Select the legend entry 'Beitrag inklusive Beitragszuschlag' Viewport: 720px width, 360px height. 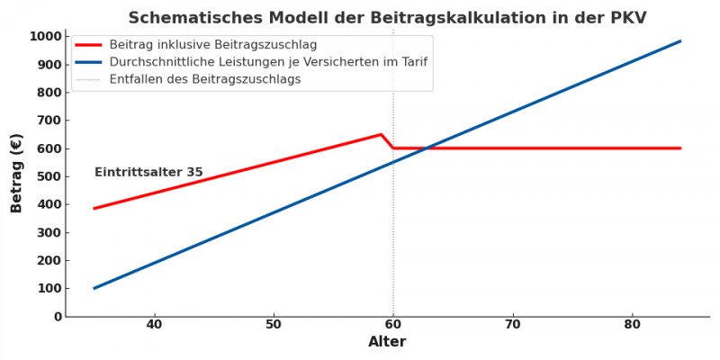pyautogui.click(x=212, y=44)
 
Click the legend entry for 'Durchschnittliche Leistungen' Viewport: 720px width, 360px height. pyautogui.click(x=268, y=62)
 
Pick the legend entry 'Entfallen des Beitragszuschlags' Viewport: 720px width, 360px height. pyautogui.click(x=205, y=79)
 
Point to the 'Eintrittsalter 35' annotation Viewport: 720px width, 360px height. pyautogui.click(x=148, y=172)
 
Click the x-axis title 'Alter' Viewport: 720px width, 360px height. pyautogui.click(x=387, y=342)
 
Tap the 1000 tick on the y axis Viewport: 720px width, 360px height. pyautogui.click(x=44, y=37)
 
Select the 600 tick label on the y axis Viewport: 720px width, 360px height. pyautogui.click(x=48, y=148)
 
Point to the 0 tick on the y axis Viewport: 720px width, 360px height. pyautogui.click(x=57, y=317)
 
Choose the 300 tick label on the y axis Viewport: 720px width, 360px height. pyautogui.click(x=48, y=233)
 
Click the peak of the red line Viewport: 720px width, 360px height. pyautogui.click(x=381, y=134)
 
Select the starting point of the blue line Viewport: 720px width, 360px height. pyautogui.click(x=94, y=288)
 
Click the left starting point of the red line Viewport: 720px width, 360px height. pyautogui.click(x=94, y=208)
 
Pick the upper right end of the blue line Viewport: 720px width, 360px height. pyautogui.click(x=680, y=40)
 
